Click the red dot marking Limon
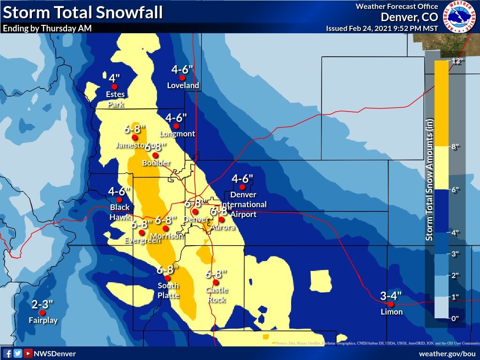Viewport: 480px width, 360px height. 390,304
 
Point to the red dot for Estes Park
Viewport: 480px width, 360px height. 114,87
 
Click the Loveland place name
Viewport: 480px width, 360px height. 183,86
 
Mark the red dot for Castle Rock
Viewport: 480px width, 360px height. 216,282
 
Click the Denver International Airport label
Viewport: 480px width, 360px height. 243,204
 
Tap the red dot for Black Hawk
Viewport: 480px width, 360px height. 119,200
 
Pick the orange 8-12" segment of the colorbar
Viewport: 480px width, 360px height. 441,103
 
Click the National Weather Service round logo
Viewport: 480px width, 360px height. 460,17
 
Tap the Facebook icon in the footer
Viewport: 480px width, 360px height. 7,353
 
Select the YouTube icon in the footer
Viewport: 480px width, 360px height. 28,353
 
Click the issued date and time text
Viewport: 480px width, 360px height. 382,28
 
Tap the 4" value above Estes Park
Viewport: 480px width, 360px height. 114,78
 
